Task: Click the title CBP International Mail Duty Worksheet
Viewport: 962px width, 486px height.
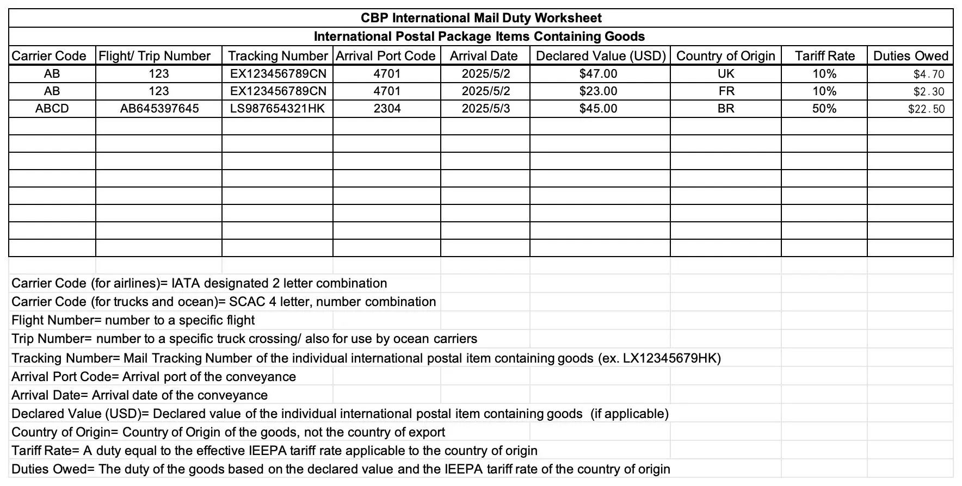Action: (481, 18)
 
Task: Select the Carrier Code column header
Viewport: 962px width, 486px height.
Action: (49, 56)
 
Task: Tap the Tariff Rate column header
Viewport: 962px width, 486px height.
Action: (824, 56)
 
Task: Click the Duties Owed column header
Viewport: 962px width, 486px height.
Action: (910, 56)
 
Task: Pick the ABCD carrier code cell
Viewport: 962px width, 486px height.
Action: (52, 109)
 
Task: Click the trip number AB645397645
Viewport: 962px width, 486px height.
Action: (159, 109)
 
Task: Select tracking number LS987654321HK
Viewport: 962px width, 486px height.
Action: (277, 109)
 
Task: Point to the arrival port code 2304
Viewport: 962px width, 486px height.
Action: (387, 109)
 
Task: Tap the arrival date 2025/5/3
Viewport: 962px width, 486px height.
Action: (486, 109)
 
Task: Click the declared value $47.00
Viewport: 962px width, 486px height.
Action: (598, 74)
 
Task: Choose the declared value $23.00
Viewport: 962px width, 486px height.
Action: (598, 91)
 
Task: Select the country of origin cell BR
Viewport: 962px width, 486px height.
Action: (726, 109)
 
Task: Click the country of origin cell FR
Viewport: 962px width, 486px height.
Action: (726, 91)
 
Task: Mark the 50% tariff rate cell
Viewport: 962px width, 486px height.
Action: (824, 109)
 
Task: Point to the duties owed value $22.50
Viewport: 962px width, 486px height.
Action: (926, 109)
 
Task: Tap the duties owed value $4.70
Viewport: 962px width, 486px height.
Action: (929, 74)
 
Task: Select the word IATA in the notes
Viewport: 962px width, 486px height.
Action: (186, 283)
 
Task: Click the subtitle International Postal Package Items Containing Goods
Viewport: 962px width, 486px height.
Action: (479, 36)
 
